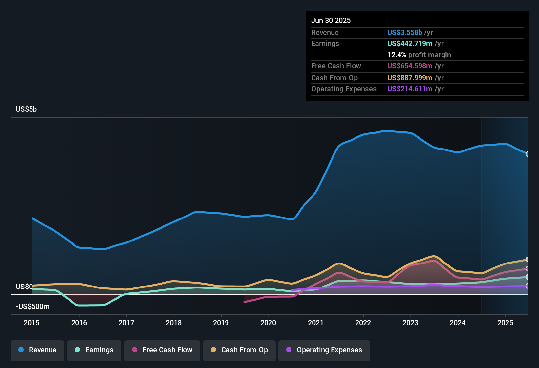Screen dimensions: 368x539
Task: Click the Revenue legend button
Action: pyautogui.click(x=37, y=350)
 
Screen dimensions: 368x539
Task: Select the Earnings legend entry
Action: pyautogui.click(x=94, y=350)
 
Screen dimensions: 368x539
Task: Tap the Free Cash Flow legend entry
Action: pyautogui.click(x=162, y=350)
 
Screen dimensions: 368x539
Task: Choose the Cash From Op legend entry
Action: pyautogui.click(x=239, y=350)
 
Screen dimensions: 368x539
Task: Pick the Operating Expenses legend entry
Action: pyautogui.click(x=324, y=350)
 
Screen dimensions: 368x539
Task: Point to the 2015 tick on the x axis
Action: pyautogui.click(x=32, y=323)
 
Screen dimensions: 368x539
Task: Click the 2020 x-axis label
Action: pyautogui.click(x=268, y=323)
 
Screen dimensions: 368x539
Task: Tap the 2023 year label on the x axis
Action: pyautogui.click(x=410, y=323)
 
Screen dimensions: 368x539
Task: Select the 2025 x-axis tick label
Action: pyautogui.click(x=505, y=323)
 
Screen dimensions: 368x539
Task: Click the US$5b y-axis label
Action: pyautogui.click(x=26, y=109)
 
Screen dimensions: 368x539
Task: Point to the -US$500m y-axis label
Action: pyautogui.click(x=32, y=307)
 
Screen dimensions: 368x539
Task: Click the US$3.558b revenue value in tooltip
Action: pyautogui.click(x=404, y=32)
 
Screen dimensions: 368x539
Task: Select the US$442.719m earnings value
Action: pyautogui.click(x=410, y=43)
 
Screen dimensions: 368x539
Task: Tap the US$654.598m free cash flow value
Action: pyautogui.click(x=410, y=66)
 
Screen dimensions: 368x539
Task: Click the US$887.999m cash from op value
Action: pyautogui.click(x=410, y=78)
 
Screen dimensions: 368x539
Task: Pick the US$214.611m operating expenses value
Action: pyautogui.click(x=410, y=89)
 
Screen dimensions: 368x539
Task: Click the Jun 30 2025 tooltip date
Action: pyautogui.click(x=331, y=20)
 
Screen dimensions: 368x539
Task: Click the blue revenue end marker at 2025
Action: pyautogui.click(x=528, y=154)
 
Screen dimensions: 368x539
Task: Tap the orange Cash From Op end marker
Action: pyautogui.click(x=528, y=260)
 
